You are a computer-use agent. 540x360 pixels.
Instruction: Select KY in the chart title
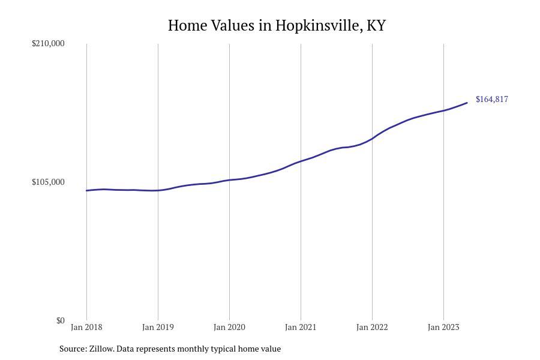[x=376, y=26]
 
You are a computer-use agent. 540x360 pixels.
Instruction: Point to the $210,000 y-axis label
[x=48, y=43]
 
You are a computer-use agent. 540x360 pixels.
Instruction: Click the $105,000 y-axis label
[x=48, y=182]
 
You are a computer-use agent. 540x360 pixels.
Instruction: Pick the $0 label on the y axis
[x=60, y=320]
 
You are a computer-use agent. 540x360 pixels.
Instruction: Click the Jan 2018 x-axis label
[x=86, y=327]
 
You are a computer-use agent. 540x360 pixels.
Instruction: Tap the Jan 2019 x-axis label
[x=158, y=327]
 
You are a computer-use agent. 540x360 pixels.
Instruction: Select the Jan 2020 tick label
[x=229, y=327]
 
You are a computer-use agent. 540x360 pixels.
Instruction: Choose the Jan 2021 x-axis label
[x=301, y=327]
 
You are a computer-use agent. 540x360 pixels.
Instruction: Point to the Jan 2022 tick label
[x=372, y=327]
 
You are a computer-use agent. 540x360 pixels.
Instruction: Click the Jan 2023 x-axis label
[x=443, y=327]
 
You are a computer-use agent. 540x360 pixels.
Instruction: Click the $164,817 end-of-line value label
[x=492, y=99]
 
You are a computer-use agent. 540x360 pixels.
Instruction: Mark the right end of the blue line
[x=467, y=103]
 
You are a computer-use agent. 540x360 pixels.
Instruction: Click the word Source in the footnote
[x=73, y=349]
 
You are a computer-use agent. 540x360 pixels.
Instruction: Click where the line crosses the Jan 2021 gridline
[x=301, y=161]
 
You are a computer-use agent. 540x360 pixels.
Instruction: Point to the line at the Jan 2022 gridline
[x=372, y=139]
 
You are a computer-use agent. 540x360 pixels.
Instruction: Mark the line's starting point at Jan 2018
[x=86, y=191]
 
